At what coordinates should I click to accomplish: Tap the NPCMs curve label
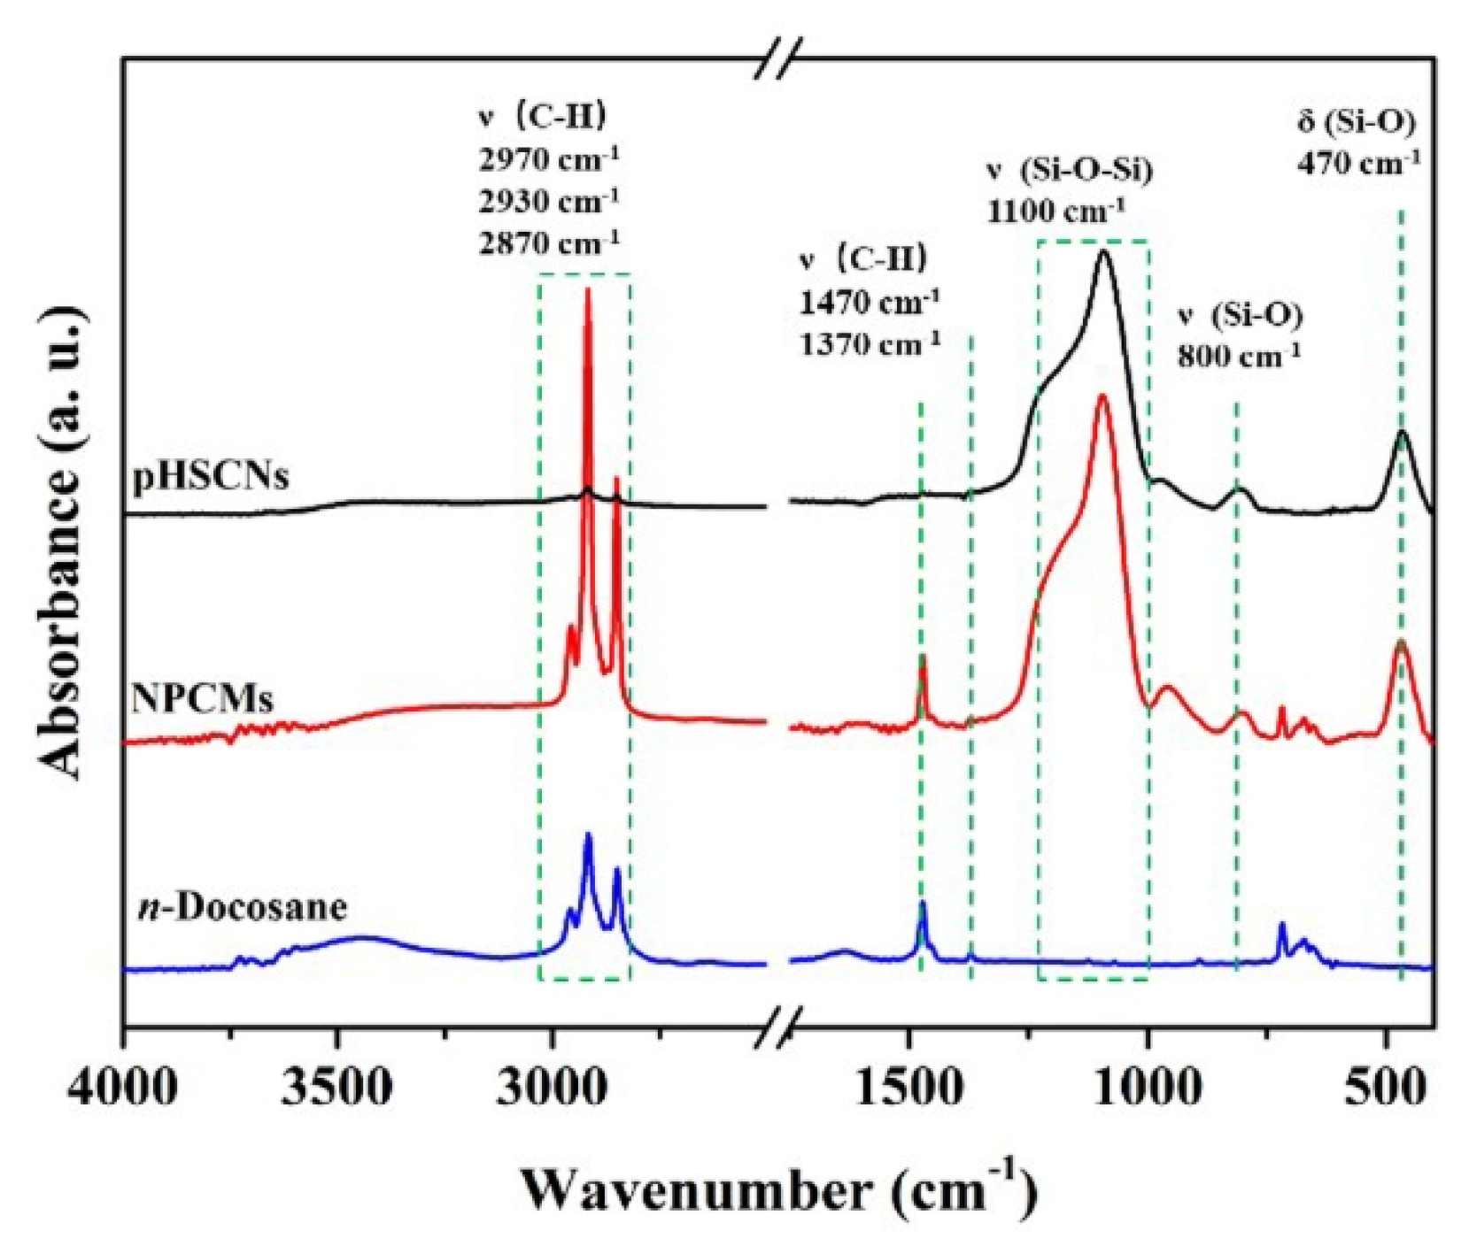tap(203, 698)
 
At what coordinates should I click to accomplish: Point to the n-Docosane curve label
tap(244, 906)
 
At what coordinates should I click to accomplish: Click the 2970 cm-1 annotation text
tap(549, 160)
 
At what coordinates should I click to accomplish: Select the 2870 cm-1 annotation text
tap(549, 242)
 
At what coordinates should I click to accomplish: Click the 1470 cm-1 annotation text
tap(869, 302)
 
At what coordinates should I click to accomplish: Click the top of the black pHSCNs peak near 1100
tap(1103, 252)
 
